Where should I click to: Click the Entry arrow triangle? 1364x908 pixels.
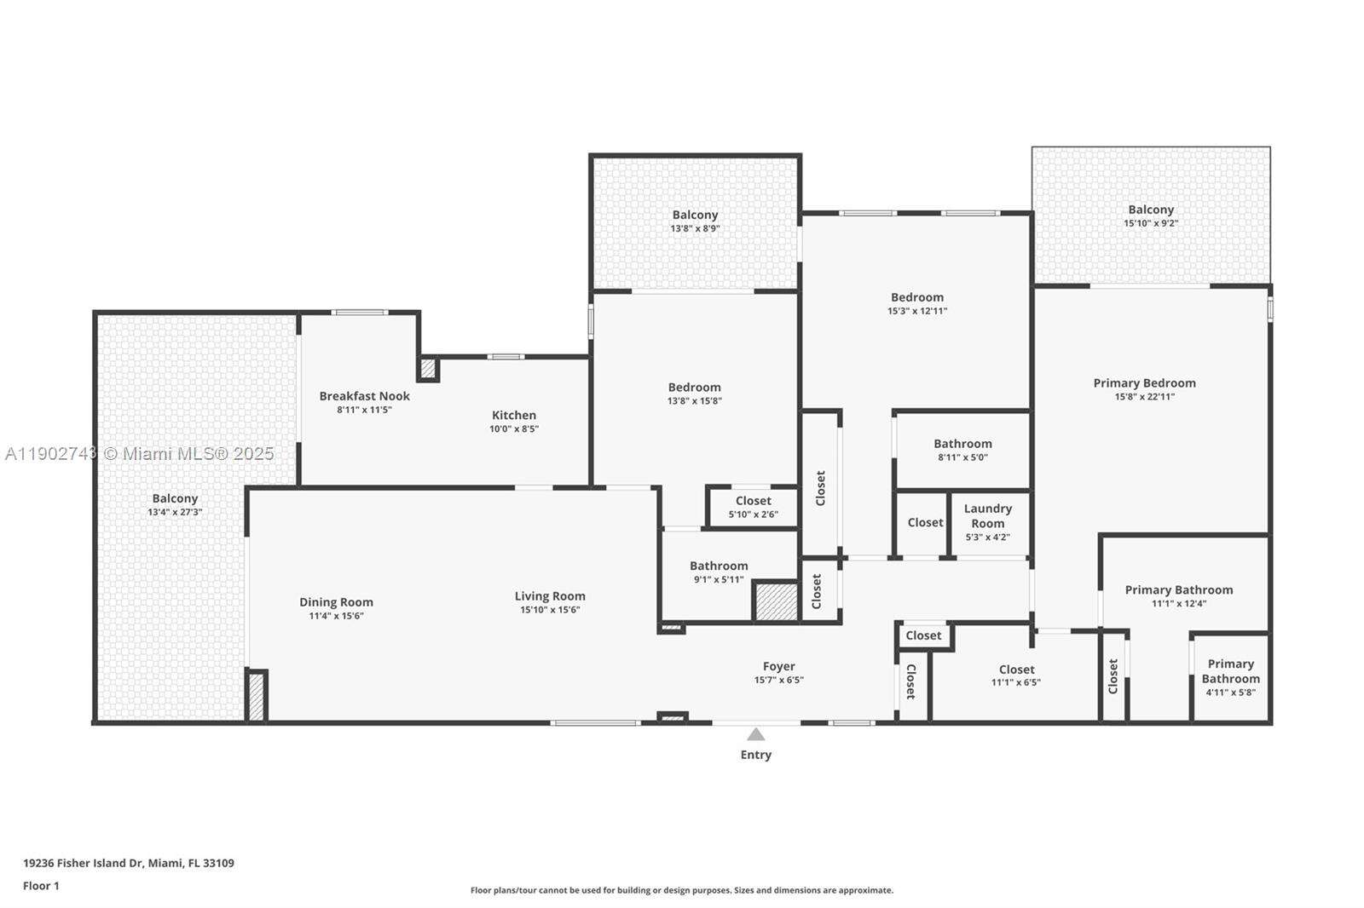coord(755,734)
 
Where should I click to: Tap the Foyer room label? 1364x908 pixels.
coord(778,667)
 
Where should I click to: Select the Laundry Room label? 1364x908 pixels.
coord(987,515)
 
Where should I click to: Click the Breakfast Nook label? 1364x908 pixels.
coord(364,396)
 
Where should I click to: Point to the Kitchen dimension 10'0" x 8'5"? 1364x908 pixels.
coord(514,429)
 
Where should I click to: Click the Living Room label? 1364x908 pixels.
coord(550,596)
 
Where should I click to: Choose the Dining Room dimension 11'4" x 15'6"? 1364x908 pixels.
coord(336,616)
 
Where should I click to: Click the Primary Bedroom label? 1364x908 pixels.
coord(1144,383)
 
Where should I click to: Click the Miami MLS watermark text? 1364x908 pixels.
coord(140,454)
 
